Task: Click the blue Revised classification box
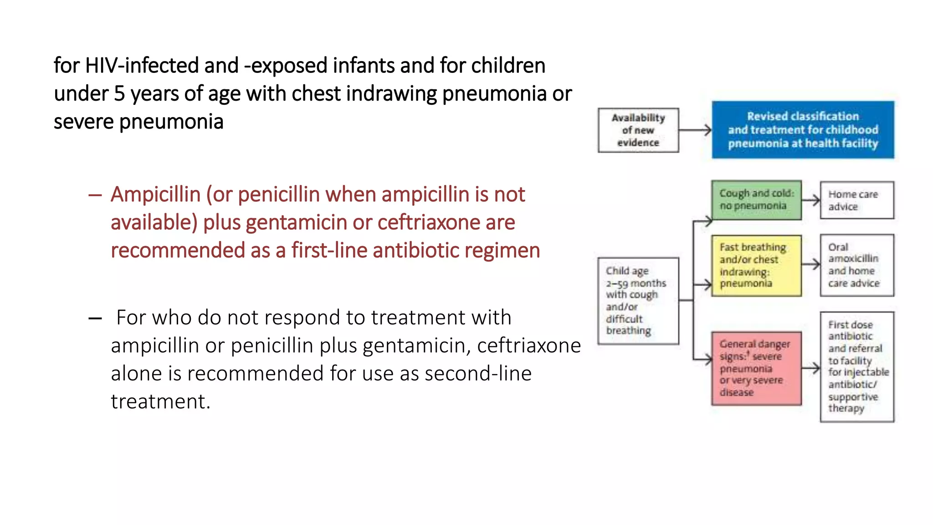pyautogui.click(x=803, y=130)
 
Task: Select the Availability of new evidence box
pyautogui.click(x=638, y=130)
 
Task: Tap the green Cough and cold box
pyautogui.click(x=756, y=200)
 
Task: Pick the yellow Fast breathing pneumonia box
pyautogui.click(x=756, y=266)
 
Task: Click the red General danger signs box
pyautogui.click(x=756, y=368)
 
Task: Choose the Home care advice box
pyautogui.click(x=856, y=200)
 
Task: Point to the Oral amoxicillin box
pyautogui.click(x=856, y=265)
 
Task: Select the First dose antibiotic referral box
pyautogui.click(x=856, y=366)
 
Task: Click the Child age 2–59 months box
pyautogui.click(x=638, y=301)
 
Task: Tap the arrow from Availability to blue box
pyautogui.click(x=695, y=130)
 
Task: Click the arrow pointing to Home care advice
pyautogui.click(x=811, y=200)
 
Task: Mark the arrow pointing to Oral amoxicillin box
pyautogui.click(x=811, y=264)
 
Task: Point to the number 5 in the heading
pyautogui.click(x=119, y=93)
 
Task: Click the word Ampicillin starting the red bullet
pyautogui.click(x=155, y=195)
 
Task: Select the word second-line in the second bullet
pyautogui.click(x=478, y=373)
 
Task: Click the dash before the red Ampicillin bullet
pyautogui.click(x=95, y=196)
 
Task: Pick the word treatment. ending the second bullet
pyautogui.click(x=160, y=401)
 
